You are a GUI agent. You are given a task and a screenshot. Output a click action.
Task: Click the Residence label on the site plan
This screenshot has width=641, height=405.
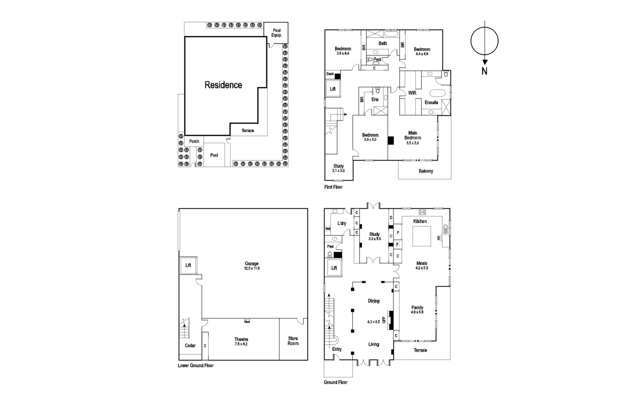point(223,85)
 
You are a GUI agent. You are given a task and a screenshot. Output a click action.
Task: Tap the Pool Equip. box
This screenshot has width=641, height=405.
point(276,33)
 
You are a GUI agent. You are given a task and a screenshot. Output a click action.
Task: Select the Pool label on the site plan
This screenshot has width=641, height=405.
point(214,155)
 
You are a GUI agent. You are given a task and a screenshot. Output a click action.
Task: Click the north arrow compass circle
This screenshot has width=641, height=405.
point(484,41)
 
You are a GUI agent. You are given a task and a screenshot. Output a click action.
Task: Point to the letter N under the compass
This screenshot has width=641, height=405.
point(484,72)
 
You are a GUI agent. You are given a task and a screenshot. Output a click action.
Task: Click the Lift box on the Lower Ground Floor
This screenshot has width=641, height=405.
point(188,265)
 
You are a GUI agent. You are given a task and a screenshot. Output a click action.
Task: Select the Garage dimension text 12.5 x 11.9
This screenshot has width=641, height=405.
point(252,269)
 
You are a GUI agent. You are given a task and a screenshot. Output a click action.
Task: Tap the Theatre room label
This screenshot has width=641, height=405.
point(241,340)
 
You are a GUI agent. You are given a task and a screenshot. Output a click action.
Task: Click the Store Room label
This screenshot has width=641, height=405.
point(293,341)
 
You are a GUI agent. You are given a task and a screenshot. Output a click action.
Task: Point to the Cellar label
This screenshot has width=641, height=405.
point(190,346)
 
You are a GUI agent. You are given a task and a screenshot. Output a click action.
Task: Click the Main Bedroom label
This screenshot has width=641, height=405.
point(413,135)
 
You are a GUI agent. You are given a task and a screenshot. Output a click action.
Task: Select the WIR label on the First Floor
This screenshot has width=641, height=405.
point(412,93)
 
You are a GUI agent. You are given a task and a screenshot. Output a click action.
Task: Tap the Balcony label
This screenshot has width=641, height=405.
point(426,171)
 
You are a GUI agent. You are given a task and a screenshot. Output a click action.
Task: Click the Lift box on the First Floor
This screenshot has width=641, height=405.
point(333,89)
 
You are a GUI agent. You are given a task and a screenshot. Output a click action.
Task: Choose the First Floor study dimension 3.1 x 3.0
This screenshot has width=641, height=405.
point(338,171)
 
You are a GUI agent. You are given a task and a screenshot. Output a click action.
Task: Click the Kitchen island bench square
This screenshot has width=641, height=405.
point(421,236)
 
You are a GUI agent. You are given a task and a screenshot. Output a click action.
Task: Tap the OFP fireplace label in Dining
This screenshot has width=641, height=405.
point(384,320)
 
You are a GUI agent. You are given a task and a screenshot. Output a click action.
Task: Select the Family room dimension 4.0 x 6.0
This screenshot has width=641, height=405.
point(417,312)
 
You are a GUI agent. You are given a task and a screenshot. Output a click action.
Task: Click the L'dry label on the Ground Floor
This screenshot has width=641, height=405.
point(342,224)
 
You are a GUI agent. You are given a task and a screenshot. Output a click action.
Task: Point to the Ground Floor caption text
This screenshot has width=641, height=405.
point(336,383)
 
